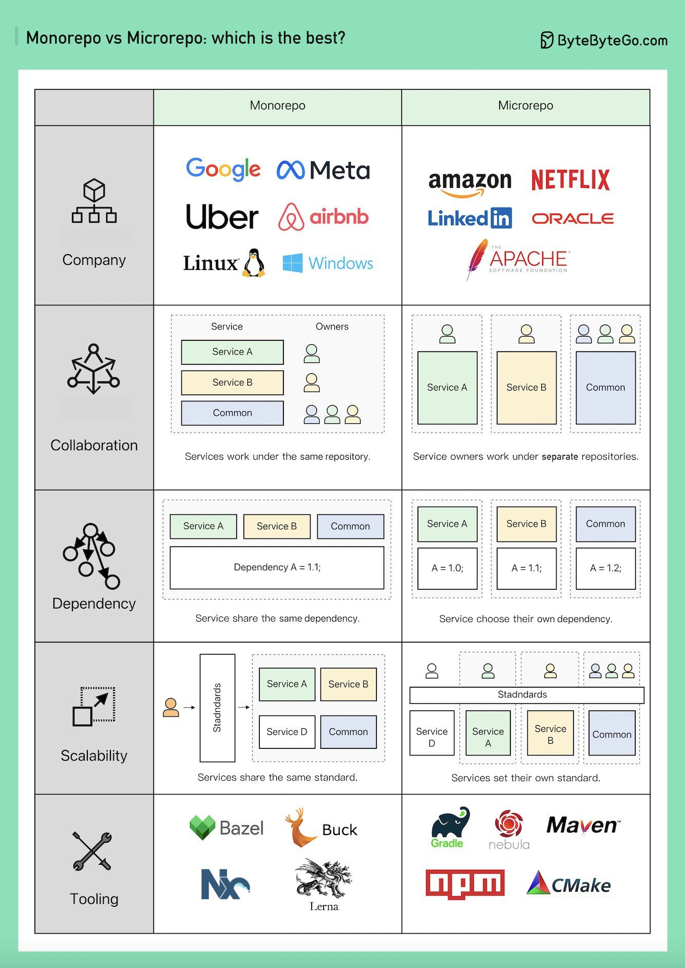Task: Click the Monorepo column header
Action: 277,106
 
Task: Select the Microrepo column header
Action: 525,106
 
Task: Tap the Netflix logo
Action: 570,180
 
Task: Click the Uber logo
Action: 222,217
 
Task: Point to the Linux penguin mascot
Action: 254,263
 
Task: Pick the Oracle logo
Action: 573,219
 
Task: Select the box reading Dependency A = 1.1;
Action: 277,568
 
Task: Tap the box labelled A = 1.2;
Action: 605,568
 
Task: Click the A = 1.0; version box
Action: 447,568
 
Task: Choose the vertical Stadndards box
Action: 217,708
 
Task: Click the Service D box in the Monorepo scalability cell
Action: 287,732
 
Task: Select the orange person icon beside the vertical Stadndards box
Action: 170,708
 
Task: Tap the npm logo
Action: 465,884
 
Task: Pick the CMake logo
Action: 569,884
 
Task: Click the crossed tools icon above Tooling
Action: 92,851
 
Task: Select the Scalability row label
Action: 94,756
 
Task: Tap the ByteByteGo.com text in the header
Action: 612,41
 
